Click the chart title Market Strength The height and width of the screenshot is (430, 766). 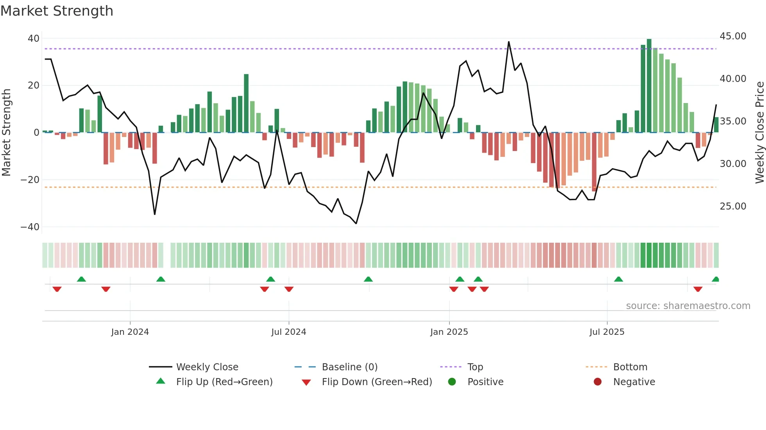click(x=57, y=11)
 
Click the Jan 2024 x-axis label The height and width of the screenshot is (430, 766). click(x=130, y=332)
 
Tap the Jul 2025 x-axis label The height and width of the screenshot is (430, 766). click(x=607, y=332)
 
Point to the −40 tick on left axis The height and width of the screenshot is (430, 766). click(x=30, y=227)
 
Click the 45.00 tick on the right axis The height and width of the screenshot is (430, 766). click(x=733, y=36)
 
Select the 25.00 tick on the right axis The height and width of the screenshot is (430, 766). click(x=733, y=206)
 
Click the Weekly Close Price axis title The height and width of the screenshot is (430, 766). click(x=759, y=133)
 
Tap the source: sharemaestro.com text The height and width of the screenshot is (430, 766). click(x=688, y=306)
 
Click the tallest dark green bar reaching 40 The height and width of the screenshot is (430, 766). click(x=649, y=86)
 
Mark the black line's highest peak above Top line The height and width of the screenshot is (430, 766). click(x=508, y=42)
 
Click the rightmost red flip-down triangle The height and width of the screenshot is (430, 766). click(x=698, y=289)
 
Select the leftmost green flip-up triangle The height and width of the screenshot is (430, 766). click(x=81, y=279)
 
